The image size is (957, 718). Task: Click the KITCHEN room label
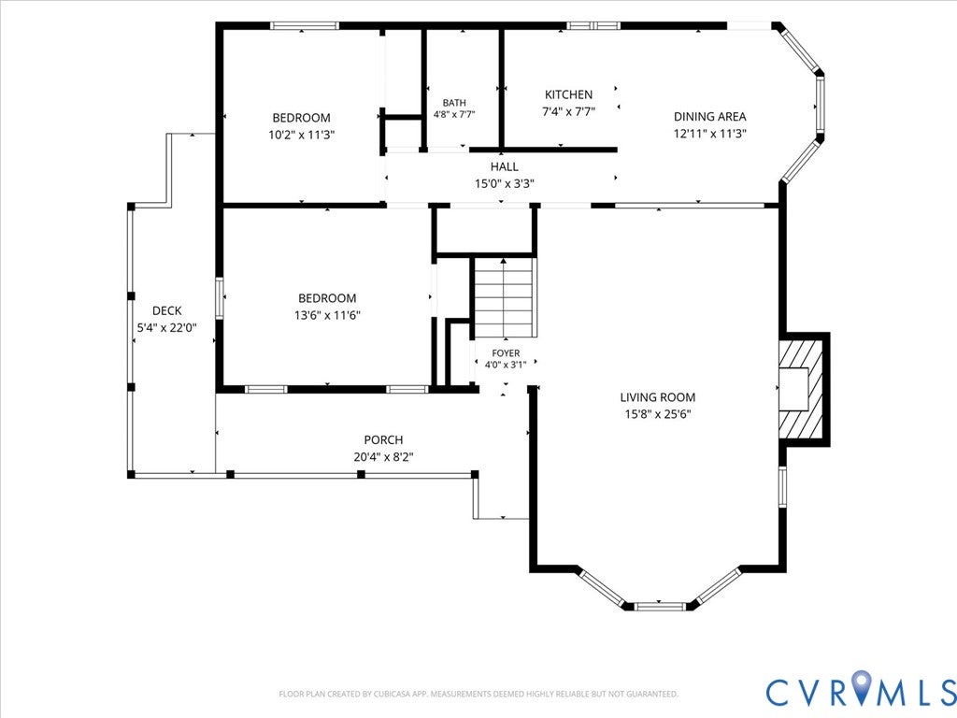click(x=568, y=94)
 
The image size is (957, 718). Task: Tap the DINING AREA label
click(x=710, y=117)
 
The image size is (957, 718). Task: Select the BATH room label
click(x=454, y=103)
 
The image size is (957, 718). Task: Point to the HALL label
click(x=504, y=166)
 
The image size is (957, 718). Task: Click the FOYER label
click(x=506, y=352)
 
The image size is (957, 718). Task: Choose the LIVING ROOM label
click(x=657, y=397)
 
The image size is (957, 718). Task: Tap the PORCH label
click(x=383, y=439)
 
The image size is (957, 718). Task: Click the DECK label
click(x=166, y=310)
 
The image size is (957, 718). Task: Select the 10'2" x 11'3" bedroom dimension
click(x=302, y=135)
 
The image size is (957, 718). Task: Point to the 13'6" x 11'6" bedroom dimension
click(x=327, y=315)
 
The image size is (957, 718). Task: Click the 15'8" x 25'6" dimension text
click(x=657, y=414)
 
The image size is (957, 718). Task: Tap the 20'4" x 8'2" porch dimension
click(x=383, y=456)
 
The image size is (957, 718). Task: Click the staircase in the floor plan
click(x=505, y=297)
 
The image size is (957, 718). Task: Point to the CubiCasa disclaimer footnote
click(x=478, y=694)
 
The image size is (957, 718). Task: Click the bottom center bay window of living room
click(x=661, y=606)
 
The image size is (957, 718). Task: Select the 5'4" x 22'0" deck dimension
click(x=166, y=328)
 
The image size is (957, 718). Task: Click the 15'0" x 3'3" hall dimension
click(x=504, y=183)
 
